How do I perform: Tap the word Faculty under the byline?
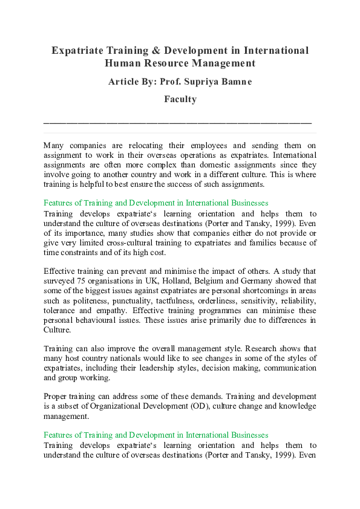(180, 99)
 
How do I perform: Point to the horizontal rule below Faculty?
(178, 123)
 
